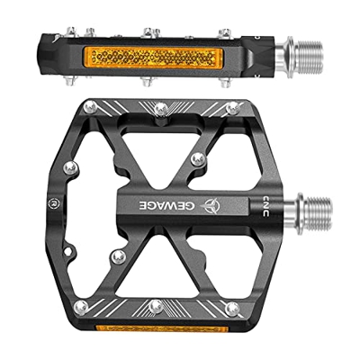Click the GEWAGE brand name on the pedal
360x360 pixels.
coord(166,205)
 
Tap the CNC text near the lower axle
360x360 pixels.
coord(265,206)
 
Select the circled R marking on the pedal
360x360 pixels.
coord(54,203)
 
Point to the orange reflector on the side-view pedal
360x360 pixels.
coord(154,57)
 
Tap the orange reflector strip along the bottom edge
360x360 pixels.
coord(162,328)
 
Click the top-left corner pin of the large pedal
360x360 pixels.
coord(90,107)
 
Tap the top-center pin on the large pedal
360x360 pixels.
coord(161,109)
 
